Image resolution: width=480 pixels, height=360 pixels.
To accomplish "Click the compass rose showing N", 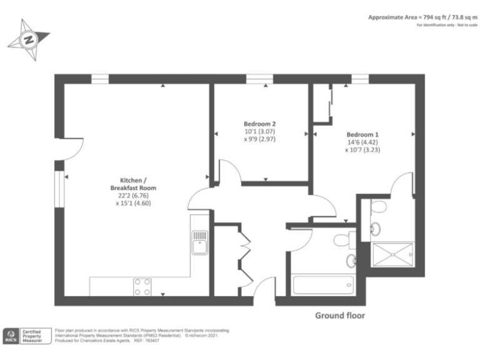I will pos(28,39).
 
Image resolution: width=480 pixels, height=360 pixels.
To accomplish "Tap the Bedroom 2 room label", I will pos(259,123).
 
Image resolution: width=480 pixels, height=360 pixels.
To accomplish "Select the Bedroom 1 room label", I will pos(362,134).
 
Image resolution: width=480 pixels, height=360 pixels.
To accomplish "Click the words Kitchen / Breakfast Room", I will pos(133,184).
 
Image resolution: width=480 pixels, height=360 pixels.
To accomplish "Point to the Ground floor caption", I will pos(339,316).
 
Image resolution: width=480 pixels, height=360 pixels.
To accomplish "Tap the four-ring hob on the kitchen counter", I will pos(142,286).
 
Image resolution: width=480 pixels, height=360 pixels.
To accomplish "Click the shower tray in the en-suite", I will pos(392,254).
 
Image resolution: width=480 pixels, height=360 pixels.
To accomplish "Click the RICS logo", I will pos(12,336).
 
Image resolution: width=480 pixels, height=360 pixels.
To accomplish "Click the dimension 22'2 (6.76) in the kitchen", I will pos(133,195).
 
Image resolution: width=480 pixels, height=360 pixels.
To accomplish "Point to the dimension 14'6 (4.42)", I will pos(362,142).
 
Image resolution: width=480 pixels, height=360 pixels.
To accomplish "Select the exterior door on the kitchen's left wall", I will pos(69,149).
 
